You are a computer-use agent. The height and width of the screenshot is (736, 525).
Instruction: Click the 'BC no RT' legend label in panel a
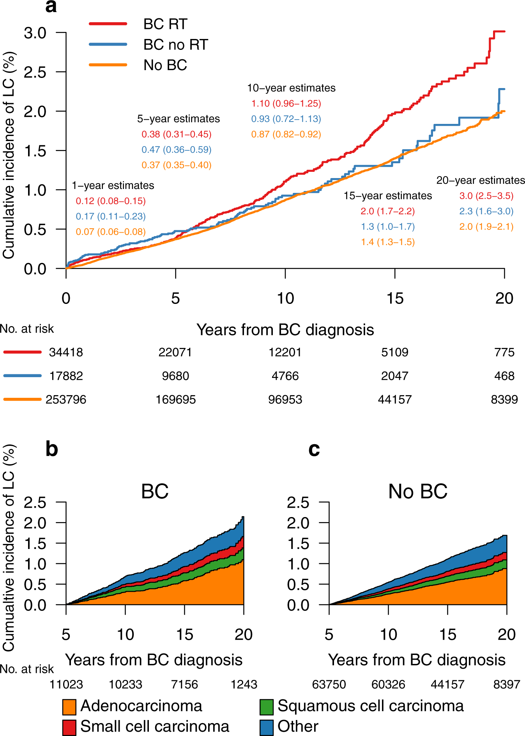coord(175,45)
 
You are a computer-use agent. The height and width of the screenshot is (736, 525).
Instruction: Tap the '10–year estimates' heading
coord(291,88)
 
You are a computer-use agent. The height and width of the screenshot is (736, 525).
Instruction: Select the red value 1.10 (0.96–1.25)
coord(286,104)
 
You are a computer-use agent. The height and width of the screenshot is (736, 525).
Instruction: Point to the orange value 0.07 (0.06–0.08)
coord(111,232)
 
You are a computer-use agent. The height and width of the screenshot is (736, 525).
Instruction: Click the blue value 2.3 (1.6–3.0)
coord(486,211)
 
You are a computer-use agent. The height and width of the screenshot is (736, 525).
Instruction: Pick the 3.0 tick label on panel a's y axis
coord(35,33)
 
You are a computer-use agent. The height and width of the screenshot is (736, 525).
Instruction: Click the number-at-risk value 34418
coord(66,352)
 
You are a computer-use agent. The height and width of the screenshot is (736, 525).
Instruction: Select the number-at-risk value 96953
coord(285,399)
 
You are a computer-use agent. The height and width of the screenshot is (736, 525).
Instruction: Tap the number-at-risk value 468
coord(504,376)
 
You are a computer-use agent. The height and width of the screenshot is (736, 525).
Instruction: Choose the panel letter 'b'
coord(52,449)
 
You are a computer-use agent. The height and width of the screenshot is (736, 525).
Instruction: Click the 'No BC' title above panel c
coord(417,491)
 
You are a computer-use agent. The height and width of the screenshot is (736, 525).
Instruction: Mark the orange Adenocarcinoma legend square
coord(69,707)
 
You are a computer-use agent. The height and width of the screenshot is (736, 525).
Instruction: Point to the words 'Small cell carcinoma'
coord(155,727)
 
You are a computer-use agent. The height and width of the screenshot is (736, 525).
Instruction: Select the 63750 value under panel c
coord(329,685)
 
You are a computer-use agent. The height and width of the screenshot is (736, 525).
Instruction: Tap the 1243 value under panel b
coord(244,685)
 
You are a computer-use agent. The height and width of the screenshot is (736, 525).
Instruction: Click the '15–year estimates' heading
coord(387,196)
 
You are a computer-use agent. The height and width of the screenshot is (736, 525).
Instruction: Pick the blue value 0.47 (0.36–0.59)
coord(176,150)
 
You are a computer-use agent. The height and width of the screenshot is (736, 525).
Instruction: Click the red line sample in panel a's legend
coord(108,24)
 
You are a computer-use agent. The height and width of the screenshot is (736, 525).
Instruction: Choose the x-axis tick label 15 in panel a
coord(395,298)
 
